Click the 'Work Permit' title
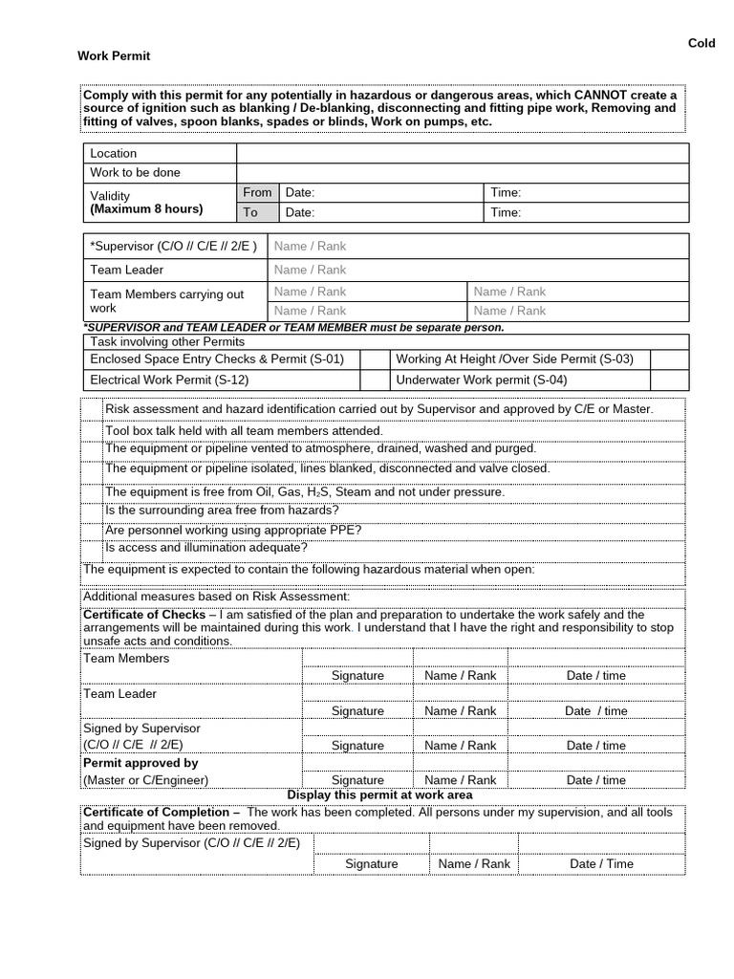[x=113, y=56]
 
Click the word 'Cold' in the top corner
[x=702, y=44]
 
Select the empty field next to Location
[x=462, y=153]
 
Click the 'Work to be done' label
[x=135, y=173]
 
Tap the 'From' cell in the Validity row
[x=257, y=192]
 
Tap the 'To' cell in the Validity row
[x=250, y=212]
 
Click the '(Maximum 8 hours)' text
[x=146, y=208]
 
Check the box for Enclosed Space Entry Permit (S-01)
[x=374, y=359]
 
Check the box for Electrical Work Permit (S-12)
[x=374, y=380]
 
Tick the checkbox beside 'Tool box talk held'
[x=93, y=430]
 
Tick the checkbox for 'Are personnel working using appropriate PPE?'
[x=93, y=531]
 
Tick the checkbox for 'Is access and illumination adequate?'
[x=93, y=549]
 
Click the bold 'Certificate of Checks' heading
[x=144, y=615]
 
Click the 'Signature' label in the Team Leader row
[x=357, y=710]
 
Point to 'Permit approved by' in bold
[x=140, y=763]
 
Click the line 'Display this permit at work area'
[x=379, y=794]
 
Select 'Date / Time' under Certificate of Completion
[x=601, y=863]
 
